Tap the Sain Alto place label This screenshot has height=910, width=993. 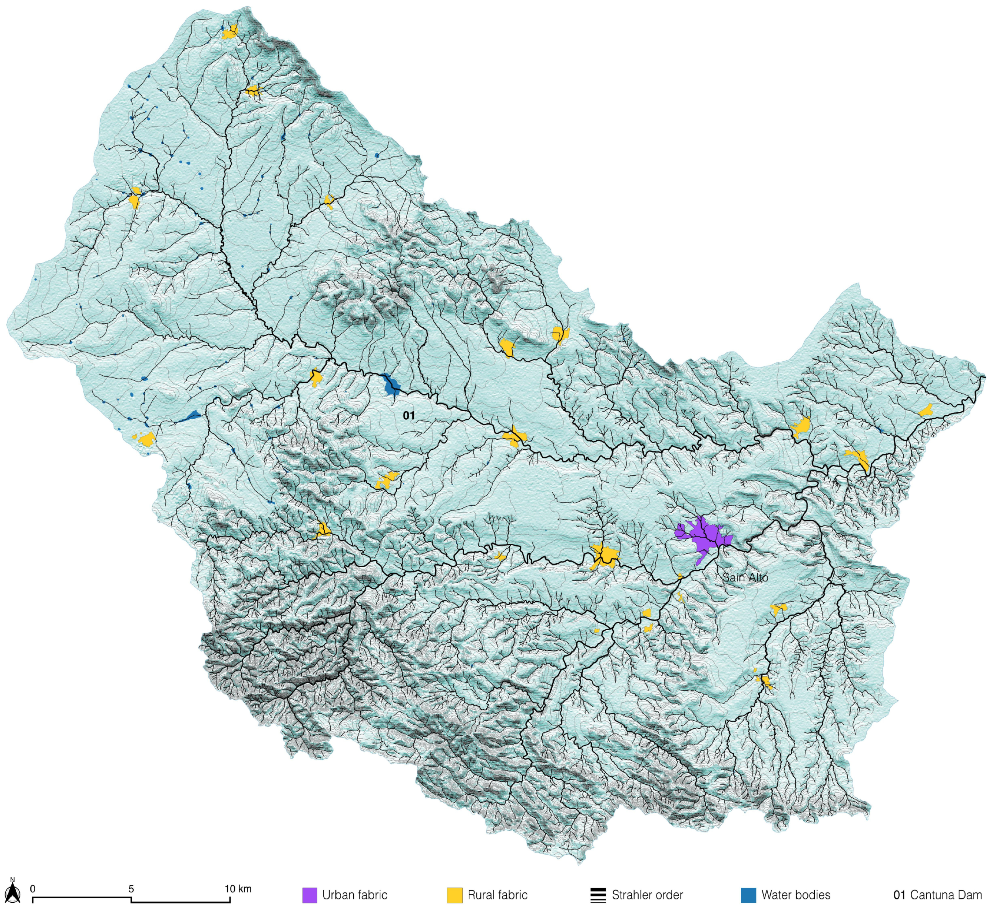pyautogui.click(x=745, y=577)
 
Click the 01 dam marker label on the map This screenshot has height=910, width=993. pyautogui.click(x=409, y=415)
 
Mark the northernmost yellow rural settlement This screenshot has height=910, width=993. pyautogui.click(x=230, y=33)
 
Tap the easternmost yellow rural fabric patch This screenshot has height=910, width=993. pyautogui.click(x=926, y=410)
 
